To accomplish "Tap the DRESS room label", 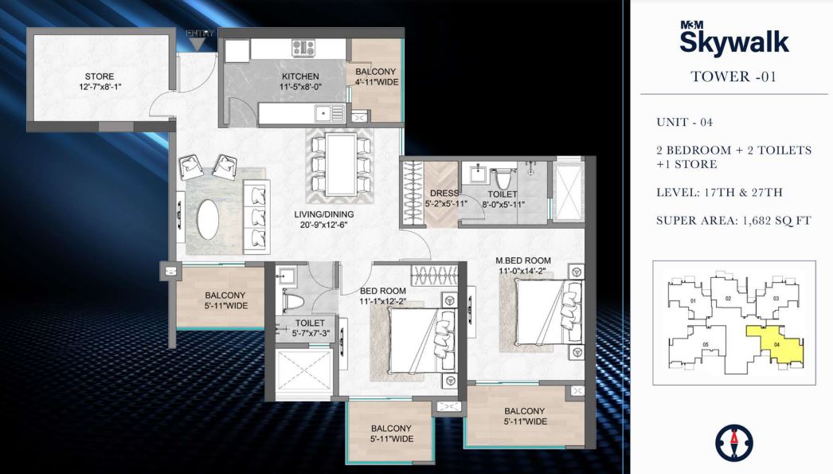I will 444,194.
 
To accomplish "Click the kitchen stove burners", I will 303,48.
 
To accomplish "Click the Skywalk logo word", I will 733,41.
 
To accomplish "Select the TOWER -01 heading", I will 733,77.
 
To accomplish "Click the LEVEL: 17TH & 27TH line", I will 720,192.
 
